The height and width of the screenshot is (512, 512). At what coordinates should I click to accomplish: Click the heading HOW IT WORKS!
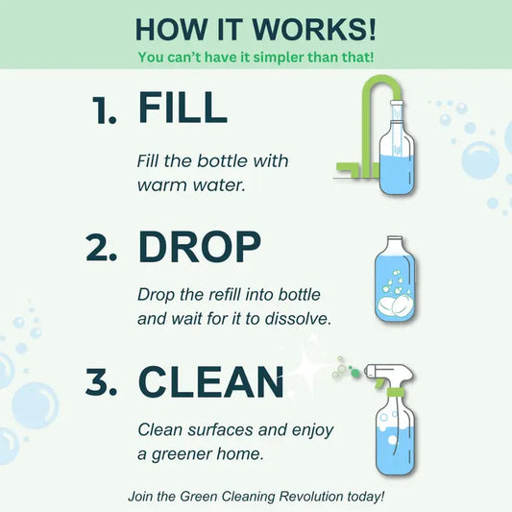point(256,28)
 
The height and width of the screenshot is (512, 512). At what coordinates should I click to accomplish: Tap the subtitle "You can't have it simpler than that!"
point(256,58)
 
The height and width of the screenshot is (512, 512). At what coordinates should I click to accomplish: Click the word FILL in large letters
point(183,108)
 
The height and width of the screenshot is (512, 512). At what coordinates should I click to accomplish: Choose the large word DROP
point(200,247)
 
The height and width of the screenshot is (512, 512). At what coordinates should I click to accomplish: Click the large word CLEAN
point(212,383)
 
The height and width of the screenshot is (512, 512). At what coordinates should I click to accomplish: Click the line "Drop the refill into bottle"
point(229,293)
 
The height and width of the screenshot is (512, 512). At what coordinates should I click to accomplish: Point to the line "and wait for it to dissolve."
point(234,318)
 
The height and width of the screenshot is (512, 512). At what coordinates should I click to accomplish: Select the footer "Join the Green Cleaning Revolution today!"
point(256,497)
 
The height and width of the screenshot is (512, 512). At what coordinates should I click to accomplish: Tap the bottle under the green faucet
point(397,158)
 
